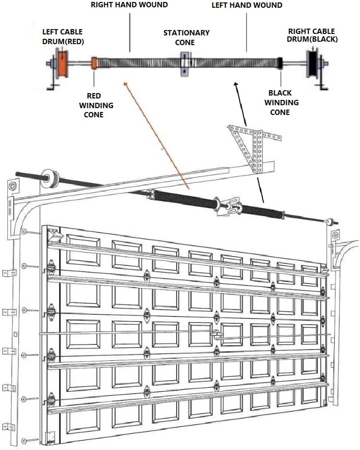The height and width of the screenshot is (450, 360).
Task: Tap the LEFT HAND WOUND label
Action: tap(247, 5)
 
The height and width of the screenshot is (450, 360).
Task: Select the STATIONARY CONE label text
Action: tap(186, 38)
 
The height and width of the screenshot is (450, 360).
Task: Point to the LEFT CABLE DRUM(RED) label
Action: tap(63, 37)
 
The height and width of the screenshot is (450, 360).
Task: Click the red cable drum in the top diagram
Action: tap(62, 64)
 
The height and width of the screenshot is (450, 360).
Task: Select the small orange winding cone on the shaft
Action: tap(94, 63)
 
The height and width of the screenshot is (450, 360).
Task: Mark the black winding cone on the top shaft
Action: tap(280, 63)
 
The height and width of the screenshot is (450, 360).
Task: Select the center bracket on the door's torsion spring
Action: tap(230, 207)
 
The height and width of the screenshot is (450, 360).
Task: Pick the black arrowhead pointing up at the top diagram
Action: tap(236, 85)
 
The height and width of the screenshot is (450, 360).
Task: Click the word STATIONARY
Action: tap(186, 33)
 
